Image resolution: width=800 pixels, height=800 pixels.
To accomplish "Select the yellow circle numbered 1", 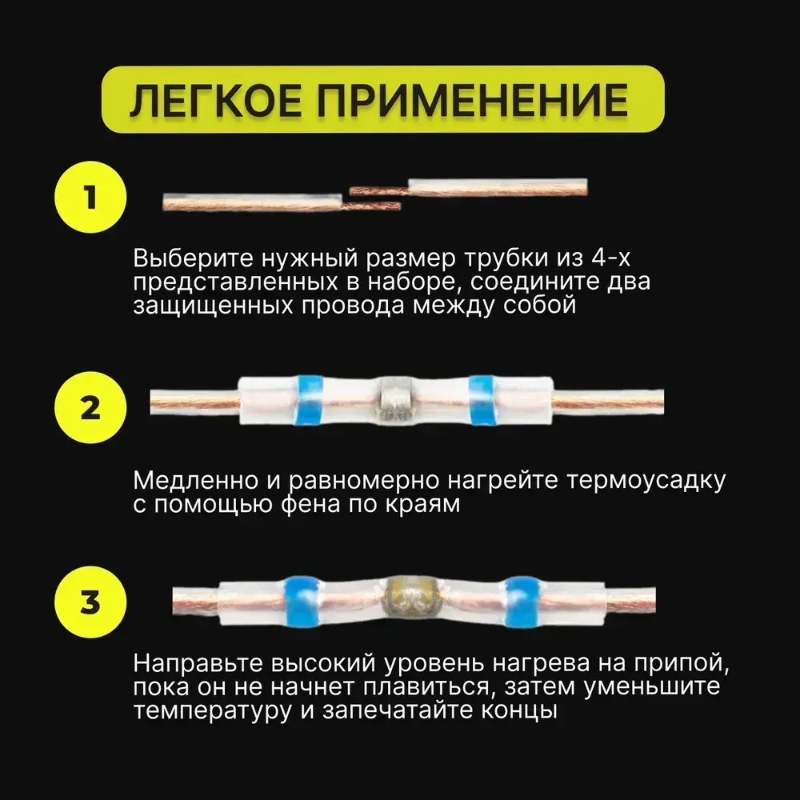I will [x=90, y=196].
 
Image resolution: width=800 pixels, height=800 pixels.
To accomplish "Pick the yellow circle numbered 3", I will [x=90, y=601].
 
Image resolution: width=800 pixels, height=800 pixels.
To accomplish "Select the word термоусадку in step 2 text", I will [x=649, y=482].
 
